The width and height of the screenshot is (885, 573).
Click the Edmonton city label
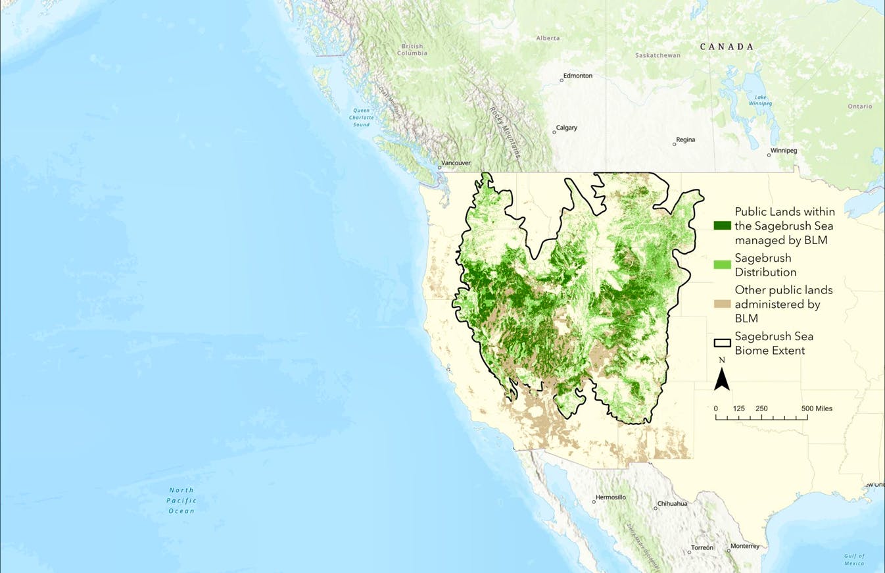578,76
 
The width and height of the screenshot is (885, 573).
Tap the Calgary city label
566,128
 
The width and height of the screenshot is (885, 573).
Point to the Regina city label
685,139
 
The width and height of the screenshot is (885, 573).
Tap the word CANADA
727,47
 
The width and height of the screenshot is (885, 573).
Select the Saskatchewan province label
658,55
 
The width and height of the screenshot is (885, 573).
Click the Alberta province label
548,38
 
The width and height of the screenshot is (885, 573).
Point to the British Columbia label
414,49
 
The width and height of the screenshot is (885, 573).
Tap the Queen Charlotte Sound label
361,117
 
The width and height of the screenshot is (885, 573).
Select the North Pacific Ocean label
181,500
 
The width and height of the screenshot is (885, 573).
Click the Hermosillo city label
611,497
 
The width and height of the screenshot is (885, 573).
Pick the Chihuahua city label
672,504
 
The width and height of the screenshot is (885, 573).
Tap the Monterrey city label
744,546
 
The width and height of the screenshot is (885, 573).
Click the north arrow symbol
721,379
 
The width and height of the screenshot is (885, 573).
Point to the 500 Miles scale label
817,409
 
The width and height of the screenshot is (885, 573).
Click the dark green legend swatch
723,226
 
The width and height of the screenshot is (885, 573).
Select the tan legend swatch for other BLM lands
723,303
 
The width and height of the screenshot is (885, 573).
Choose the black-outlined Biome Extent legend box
723,343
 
